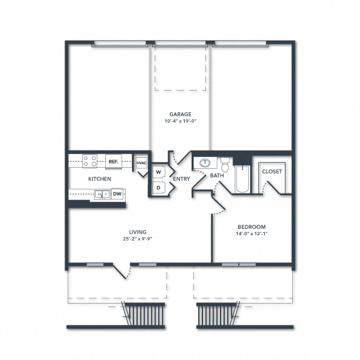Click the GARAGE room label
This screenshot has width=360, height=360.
click(180, 114)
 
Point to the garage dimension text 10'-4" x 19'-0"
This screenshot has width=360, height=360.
click(181, 121)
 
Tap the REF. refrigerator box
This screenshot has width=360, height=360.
click(114, 162)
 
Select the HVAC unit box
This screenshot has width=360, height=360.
click(141, 163)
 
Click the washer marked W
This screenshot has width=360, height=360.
click(158, 172)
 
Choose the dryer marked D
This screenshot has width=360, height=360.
click(158, 188)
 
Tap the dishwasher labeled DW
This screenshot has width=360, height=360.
click(117, 194)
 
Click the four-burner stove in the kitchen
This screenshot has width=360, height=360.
click(90, 161)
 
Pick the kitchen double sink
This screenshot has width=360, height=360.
click(102, 195)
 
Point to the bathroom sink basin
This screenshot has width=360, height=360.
click(205, 163)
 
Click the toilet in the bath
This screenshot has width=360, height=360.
click(225, 165)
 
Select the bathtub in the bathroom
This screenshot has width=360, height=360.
click(242, 179)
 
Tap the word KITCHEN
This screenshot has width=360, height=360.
click(99, 179)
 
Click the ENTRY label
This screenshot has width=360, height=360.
click(181, 179)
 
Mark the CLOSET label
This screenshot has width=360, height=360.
click(272, 172)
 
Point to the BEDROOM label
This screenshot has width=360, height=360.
click(252, 227)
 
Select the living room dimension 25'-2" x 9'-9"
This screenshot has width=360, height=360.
click(138, 239)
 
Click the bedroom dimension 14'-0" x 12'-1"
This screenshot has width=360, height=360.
click(252, 234)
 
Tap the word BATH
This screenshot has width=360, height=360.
click(217, 176)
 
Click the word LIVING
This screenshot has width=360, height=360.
click(138, 232)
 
